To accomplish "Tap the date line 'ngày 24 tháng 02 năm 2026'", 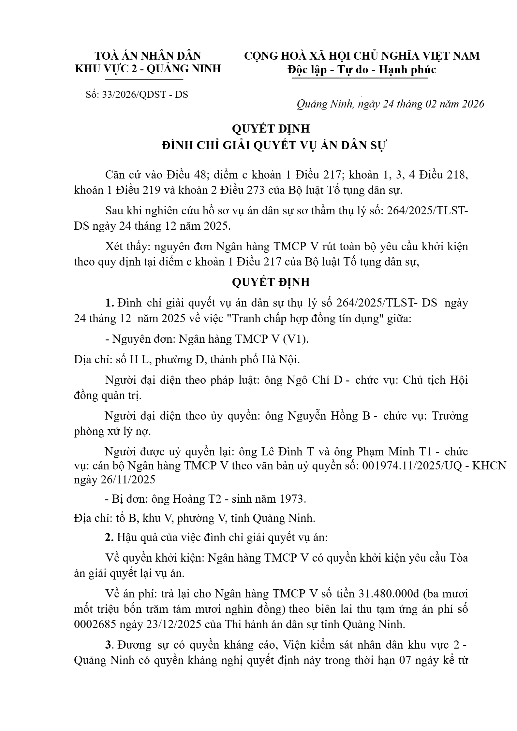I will click(421, 104).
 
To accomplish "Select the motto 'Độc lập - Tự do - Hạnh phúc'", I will click(362, 70).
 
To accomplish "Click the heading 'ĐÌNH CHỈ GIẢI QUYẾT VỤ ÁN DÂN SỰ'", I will click(274, 145).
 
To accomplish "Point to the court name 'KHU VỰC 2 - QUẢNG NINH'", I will click(148, 69).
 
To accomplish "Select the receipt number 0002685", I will click(95, 624).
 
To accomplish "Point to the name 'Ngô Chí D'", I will click(315, 380).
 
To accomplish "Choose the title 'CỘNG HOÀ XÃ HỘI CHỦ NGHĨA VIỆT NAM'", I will click(362, 56).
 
